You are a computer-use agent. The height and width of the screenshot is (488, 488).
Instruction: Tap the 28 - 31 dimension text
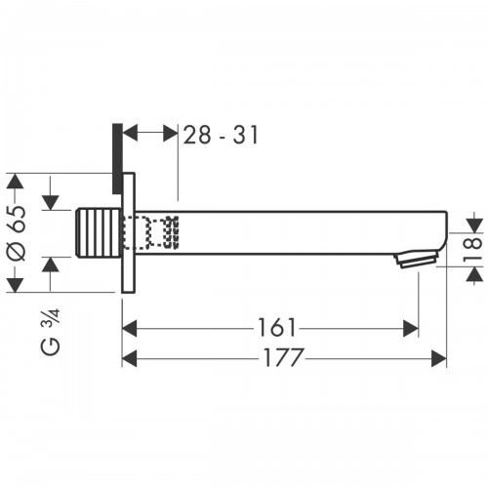click(x=221, y=135)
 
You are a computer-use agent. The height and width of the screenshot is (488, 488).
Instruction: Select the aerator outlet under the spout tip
click(x=414, y=260)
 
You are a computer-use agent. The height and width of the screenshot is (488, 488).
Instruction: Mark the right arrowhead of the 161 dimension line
click(x=411, y=329)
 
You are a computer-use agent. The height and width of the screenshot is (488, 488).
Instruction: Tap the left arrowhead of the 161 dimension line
click(x=129, y=329)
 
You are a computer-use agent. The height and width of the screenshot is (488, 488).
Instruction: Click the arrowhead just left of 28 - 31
click(x=134, y=135)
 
